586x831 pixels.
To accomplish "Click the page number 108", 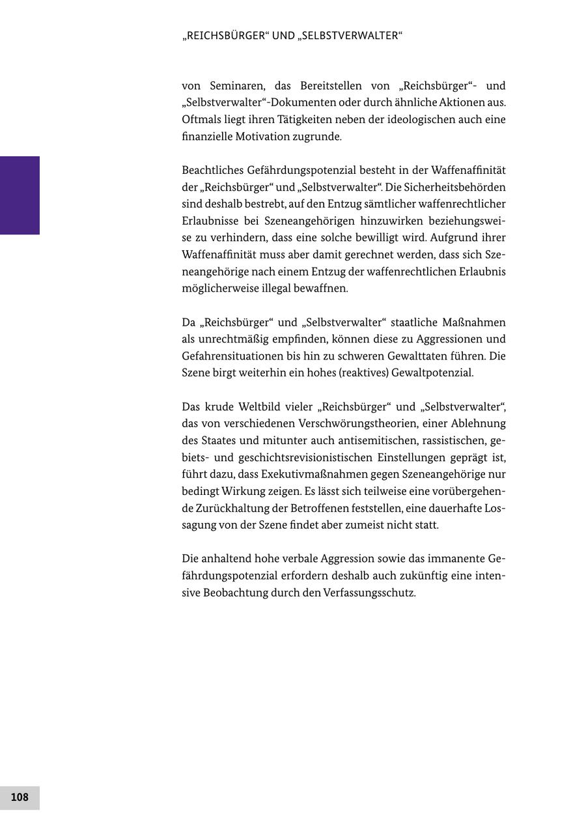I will [x=20, y=797].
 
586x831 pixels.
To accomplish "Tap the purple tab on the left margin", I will [x=20, y=195].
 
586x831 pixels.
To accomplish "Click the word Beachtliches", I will [x=212, y=171].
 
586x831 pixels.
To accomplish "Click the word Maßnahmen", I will [x=473, y=322].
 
